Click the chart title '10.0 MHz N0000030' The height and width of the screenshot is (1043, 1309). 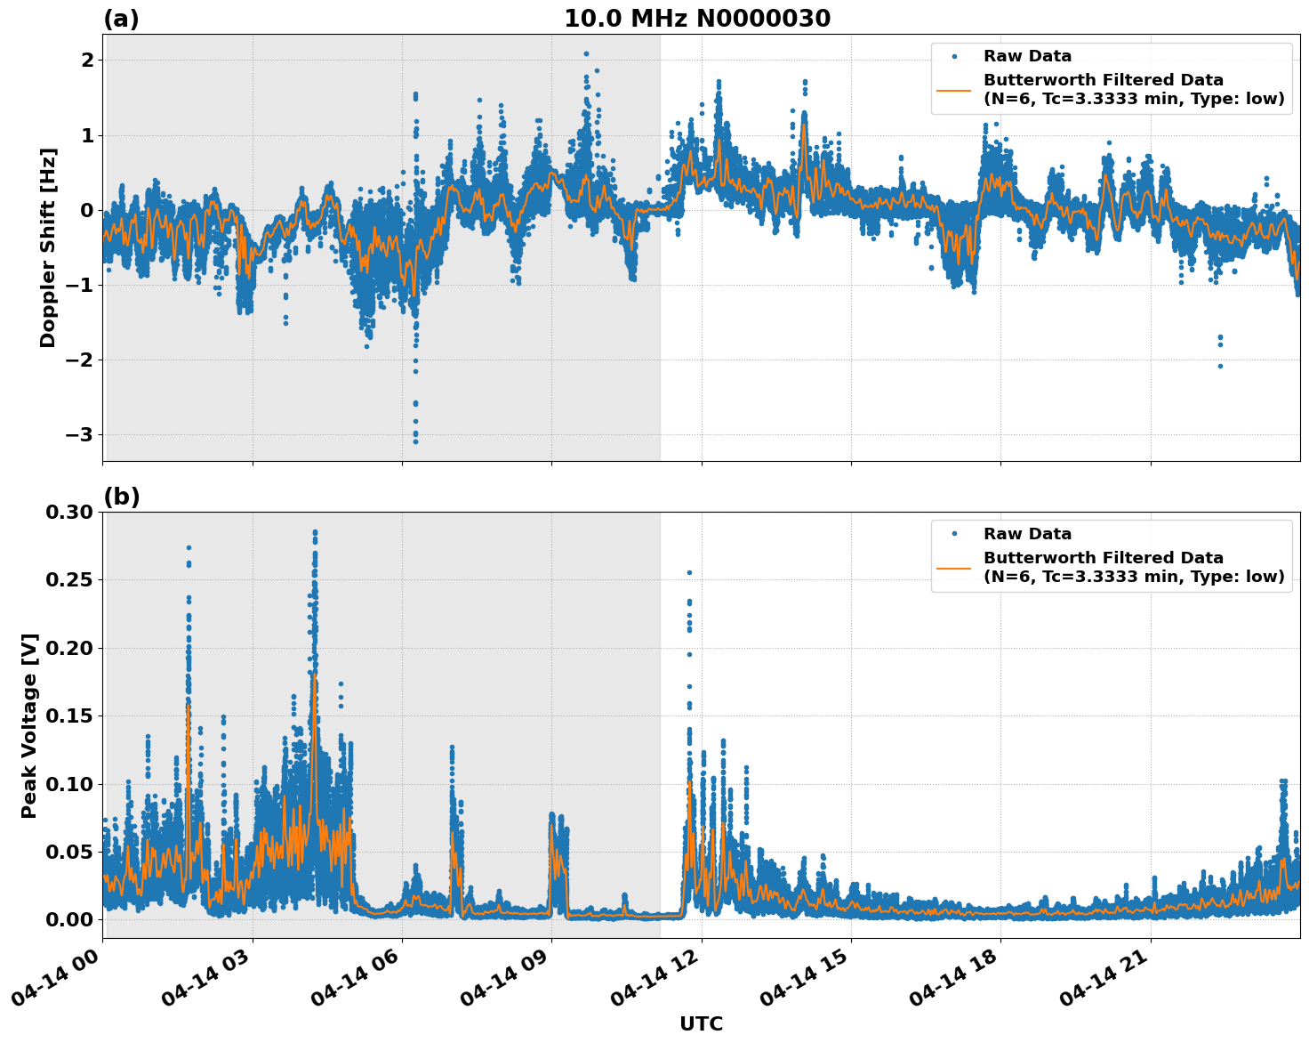pos(697,19)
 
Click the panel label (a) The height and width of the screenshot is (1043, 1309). pos(121,19)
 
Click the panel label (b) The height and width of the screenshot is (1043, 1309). pos(121,497)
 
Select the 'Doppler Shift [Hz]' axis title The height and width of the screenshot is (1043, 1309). pos(48,247)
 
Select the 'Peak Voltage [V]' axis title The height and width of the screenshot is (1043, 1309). pos(29,725)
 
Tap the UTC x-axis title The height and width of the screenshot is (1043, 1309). pos(701,1023)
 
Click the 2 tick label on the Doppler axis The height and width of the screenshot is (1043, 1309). pos(88,61)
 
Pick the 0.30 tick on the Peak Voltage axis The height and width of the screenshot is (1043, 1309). pos(69,513)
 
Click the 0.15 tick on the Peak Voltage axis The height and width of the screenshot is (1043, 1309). pos(69,716)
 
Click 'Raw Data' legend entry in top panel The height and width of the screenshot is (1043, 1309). pos(1027,56)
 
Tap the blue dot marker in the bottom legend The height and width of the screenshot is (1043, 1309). pos(954,534)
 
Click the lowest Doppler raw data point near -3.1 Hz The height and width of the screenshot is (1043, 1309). pos(415,441)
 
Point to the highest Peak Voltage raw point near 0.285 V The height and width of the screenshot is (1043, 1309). pos(315,532)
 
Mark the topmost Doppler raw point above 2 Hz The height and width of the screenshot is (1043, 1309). pos(586,53)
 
